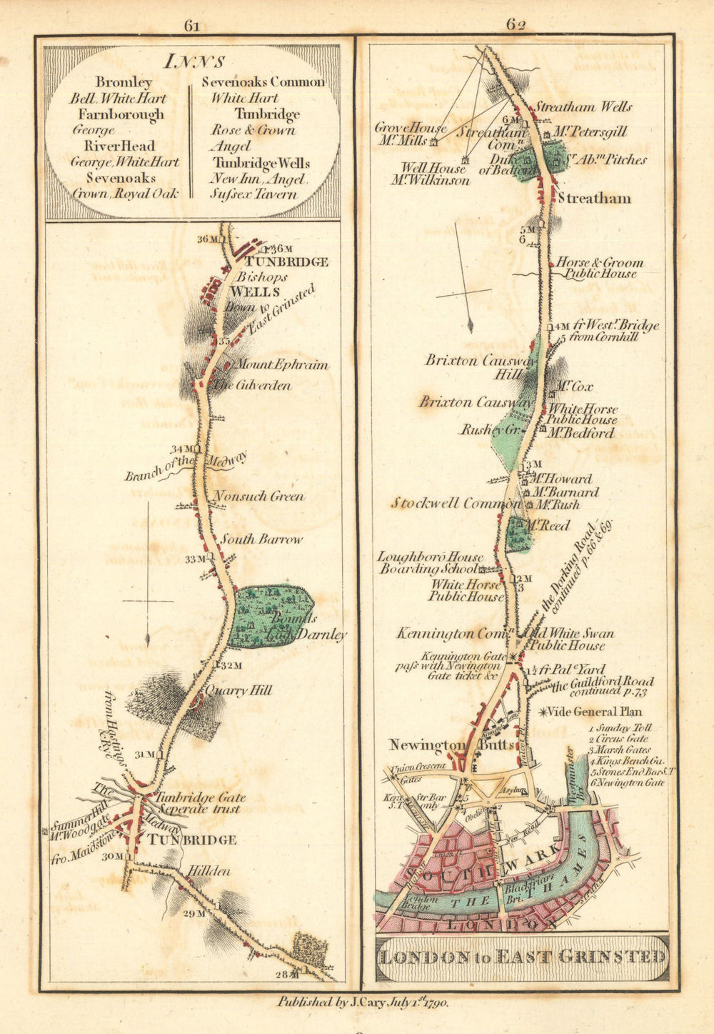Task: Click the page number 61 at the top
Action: pos(191,26)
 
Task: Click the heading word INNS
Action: pos(194,61)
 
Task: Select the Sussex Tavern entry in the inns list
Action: pos(253,194)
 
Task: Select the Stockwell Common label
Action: pos(456,504)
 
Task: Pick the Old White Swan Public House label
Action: pos(568,640)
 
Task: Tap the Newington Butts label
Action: pos(451,745)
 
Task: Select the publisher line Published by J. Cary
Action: pos(363,1003)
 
